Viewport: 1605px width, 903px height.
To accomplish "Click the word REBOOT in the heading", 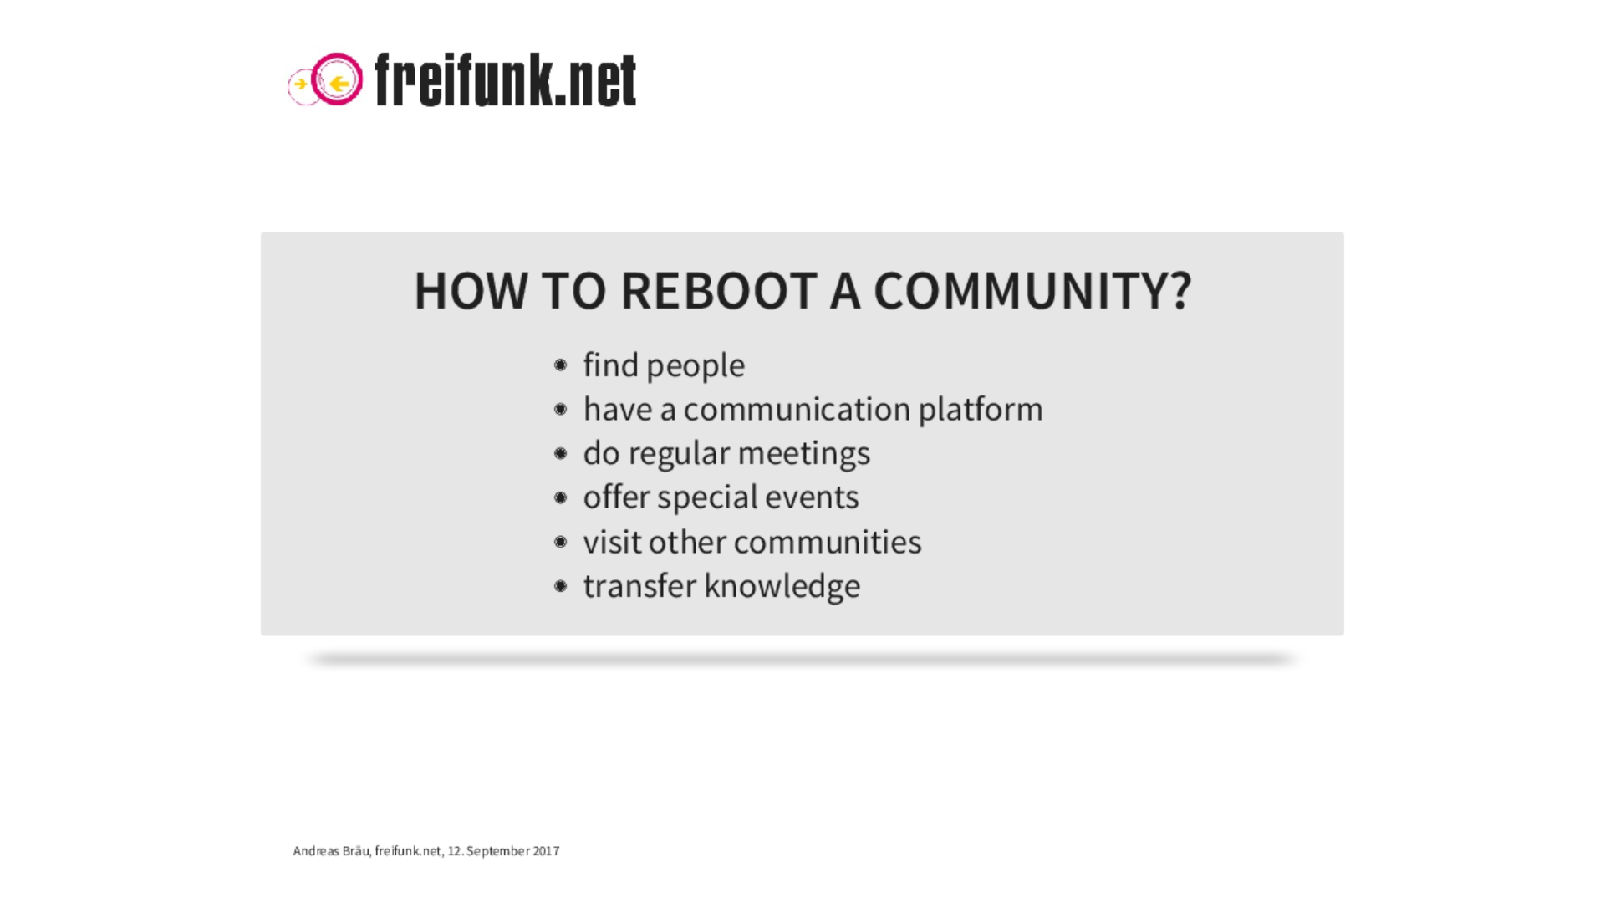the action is click(x=718, y=291).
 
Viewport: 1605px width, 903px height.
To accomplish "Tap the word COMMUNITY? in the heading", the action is click(x=1032, y=291).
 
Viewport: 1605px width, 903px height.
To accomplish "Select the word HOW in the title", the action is click(x=471, y=291).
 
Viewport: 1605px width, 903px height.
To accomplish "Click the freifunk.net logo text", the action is click(x=506, y=79).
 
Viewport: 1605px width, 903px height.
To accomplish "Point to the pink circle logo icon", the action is click(x=337, y=60).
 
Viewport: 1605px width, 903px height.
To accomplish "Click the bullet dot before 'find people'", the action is click(x=560, y=365).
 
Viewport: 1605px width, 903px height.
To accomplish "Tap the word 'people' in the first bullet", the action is click(x=695, y=366).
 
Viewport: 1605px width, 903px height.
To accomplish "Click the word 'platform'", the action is click(x=981, y=410).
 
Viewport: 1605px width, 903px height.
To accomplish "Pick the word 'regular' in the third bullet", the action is click(x=680, y=454).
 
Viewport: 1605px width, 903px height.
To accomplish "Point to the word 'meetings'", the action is click(x=804, y=454).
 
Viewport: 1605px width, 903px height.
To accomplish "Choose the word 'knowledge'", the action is click(x=782, y=586).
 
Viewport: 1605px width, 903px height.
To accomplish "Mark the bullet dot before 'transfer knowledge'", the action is click(x=560, y=586).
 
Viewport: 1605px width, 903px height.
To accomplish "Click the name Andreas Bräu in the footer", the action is click(x=331, y=851).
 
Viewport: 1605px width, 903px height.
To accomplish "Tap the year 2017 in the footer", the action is click(x=546, y=851).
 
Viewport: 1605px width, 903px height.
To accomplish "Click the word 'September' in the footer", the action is click(x=498, y=851).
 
